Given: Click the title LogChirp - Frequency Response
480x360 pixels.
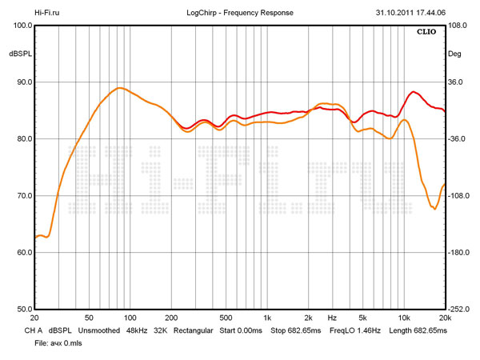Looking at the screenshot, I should [239, 13].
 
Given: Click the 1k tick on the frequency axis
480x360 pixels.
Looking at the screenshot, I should [267, 318].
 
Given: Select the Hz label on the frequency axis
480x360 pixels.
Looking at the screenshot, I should [331, 318].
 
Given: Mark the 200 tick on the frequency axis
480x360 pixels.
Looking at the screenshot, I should [171, 318].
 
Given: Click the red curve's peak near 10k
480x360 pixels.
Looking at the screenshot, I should [413, 92].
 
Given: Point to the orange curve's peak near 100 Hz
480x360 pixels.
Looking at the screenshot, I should [119, 88].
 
